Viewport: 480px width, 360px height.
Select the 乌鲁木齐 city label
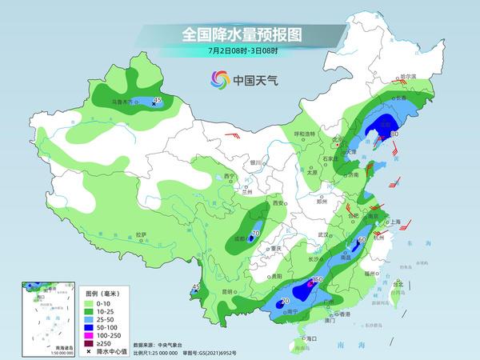[x=122, y=102]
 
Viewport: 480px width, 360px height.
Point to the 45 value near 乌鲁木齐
[x=157, y=100]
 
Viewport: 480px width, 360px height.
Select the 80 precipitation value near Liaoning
[x=393, y=134]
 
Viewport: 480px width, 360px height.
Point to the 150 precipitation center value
[x=317, y=280]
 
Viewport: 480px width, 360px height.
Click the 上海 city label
[x=394, y=222]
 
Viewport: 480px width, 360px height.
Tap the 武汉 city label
[x=323, y=234]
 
